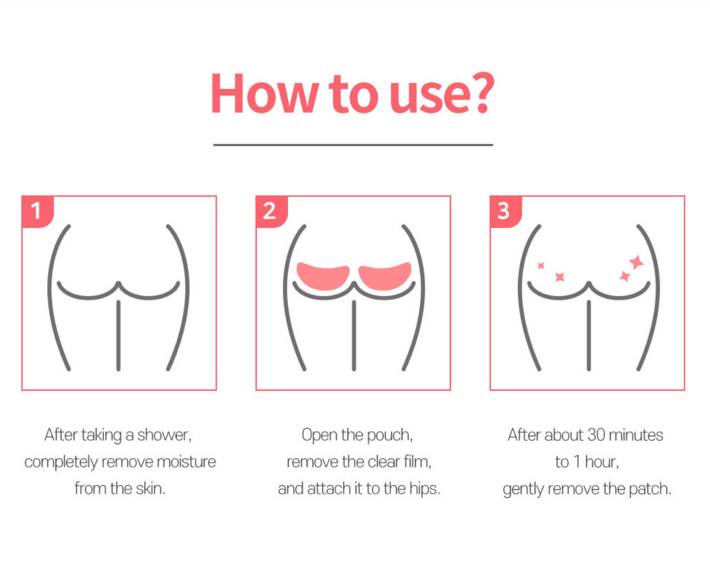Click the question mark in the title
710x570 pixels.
(482, 93)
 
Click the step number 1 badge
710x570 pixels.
(38, 211)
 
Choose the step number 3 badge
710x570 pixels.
(506, 211)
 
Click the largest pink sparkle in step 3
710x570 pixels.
(636, 262)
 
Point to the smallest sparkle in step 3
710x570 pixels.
(541, 266)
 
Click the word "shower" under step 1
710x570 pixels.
(164, 435)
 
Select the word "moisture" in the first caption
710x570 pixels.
(186, 462)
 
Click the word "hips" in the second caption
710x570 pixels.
(425, 489)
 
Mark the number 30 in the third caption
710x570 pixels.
(596, 435)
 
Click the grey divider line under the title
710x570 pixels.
(353, 144)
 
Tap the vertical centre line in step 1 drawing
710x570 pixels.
(118, 335)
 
